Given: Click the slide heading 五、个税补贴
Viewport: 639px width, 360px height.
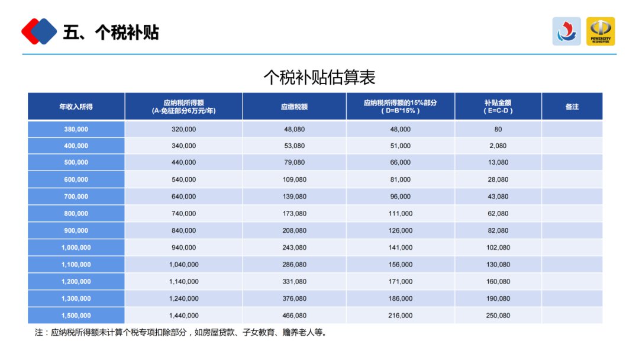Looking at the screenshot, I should point(111,32).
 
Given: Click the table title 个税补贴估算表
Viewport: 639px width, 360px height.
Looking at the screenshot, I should point(319,77).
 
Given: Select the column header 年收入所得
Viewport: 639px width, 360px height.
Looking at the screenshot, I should point(76,107).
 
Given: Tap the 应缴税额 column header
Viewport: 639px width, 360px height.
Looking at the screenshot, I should point(294,107).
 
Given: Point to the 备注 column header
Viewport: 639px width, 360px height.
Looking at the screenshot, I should point(572,107).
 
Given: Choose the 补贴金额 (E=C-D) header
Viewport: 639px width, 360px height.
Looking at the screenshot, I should point(498,107).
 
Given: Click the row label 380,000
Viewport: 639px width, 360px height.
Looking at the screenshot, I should point(76,129).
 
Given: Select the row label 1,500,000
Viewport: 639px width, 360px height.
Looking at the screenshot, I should point(76,316).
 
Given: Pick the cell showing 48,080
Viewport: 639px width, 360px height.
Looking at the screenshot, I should point(294,129).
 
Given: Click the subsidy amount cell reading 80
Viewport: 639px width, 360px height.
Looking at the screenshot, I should point(498,129).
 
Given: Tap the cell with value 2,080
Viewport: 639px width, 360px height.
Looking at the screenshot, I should point(498,146).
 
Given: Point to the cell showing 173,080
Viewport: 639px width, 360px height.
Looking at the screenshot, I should point(294,214).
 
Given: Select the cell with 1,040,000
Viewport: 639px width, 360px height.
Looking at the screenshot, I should point(183,265).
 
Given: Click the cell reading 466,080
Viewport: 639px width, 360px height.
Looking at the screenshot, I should point(294,316).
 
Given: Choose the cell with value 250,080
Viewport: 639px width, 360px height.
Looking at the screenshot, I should point(498,316).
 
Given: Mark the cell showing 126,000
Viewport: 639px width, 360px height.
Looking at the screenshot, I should point(400,230).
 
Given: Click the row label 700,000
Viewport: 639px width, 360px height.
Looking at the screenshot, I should point(76,197).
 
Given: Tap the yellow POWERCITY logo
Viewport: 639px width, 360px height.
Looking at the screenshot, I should point(601,31).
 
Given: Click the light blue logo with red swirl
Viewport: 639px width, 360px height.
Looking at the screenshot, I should point(567,31).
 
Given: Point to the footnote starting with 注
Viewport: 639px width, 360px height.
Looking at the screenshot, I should point(181,333).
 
